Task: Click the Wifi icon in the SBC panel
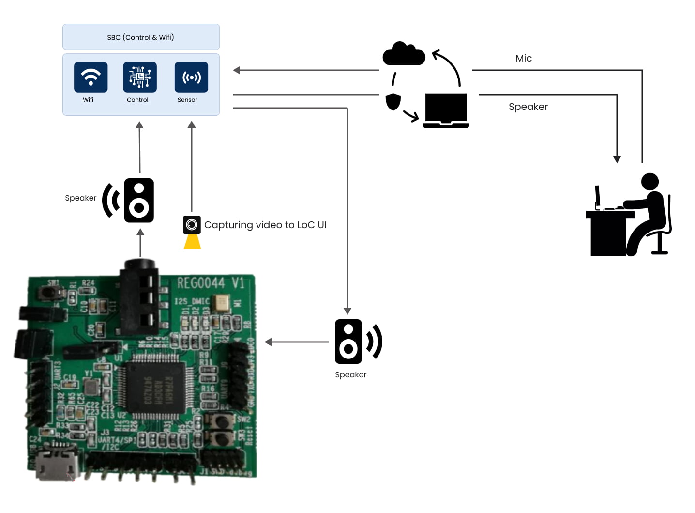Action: tap(91, 77)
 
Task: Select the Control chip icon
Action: tap(140, 77)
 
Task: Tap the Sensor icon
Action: tap(191, 77)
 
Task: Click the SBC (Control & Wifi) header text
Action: tap(140, 37)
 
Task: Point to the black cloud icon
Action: tap(404, 54)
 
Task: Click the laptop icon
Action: tap(446, 111)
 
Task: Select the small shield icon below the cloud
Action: tap(393, 102)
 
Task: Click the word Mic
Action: tap(524, 58)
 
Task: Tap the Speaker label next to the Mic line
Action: tap(528, 107)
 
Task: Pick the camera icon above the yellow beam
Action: tap(192, 225)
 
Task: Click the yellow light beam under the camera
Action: tap(192, 242)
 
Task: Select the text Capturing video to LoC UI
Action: tap(265, 225)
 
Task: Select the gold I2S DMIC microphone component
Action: tap(222, 303)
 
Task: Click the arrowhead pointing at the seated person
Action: tap(617, 159)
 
